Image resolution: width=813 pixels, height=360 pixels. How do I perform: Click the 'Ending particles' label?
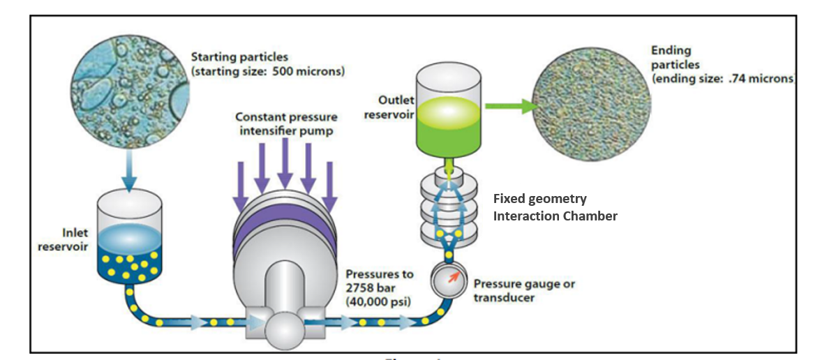click(671, 57)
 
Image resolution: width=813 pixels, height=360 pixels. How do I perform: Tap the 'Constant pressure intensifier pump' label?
click(286, 124)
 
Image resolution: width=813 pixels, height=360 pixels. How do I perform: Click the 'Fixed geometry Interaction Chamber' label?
click(555, 207)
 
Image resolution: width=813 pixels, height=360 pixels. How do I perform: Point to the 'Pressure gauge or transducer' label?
click(523, 291)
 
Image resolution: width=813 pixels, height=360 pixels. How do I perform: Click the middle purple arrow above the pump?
click(284, 164)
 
